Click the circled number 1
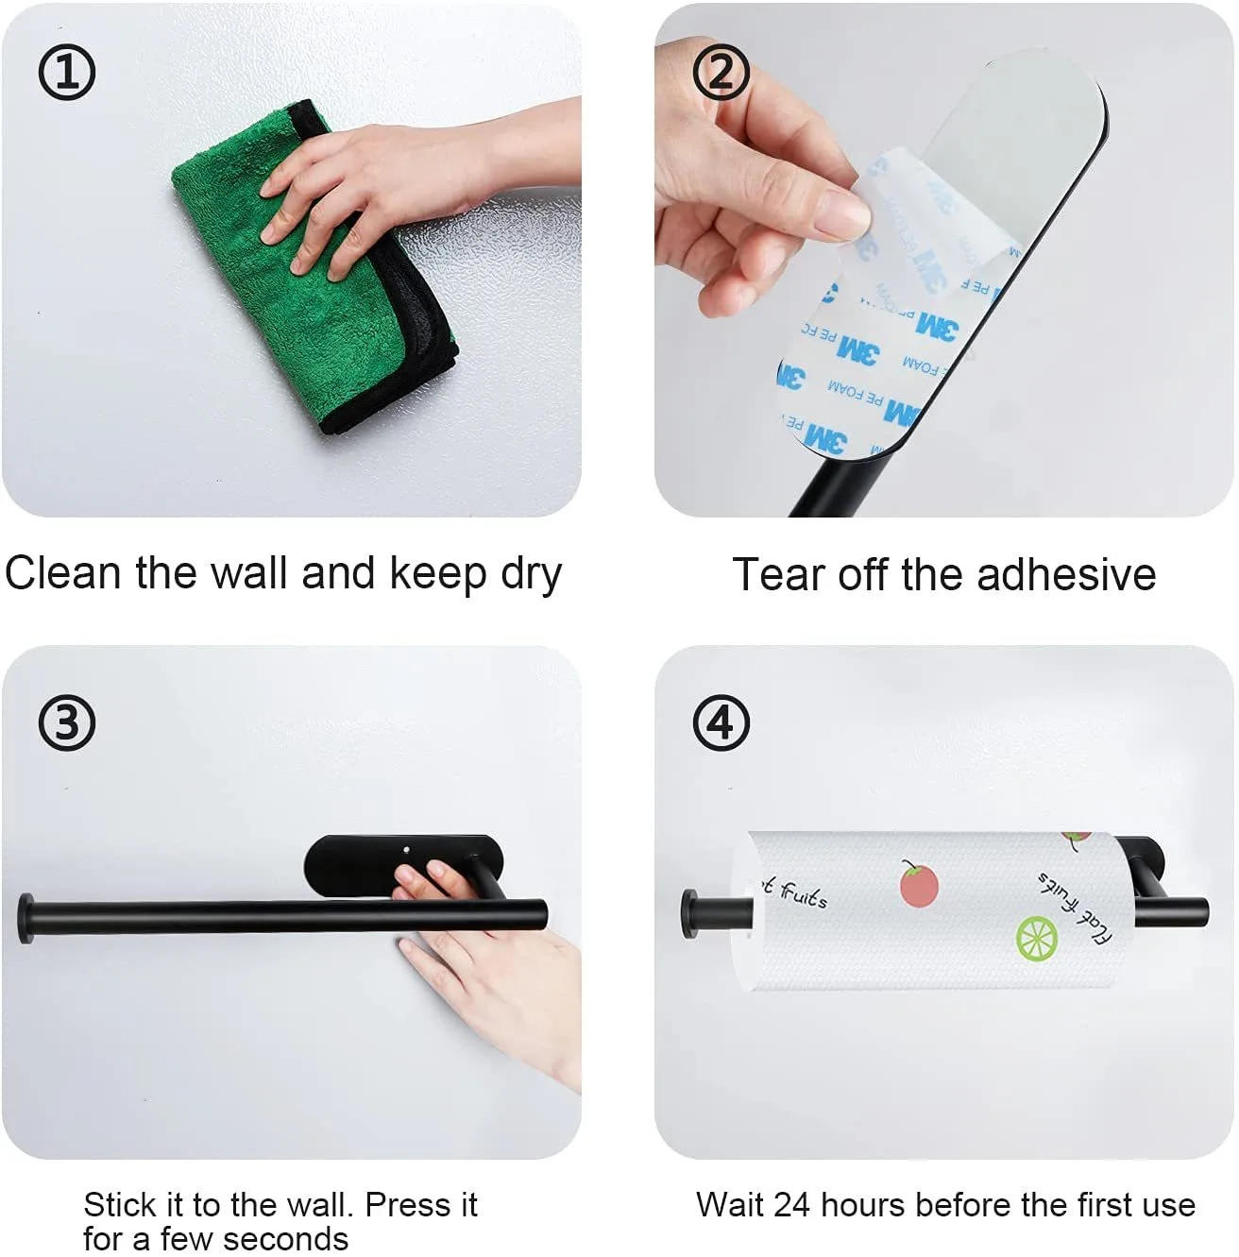coord(66,72)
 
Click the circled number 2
coord(721,72)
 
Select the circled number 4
coord(721,723)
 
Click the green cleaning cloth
coord(283,312)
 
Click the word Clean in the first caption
coord(63,573)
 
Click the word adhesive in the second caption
coord(1066,574)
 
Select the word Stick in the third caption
coord(119,1205)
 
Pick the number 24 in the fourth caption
coord(793,1205)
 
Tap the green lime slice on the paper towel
coord(1036,938)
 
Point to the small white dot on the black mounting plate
coord(407,851)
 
